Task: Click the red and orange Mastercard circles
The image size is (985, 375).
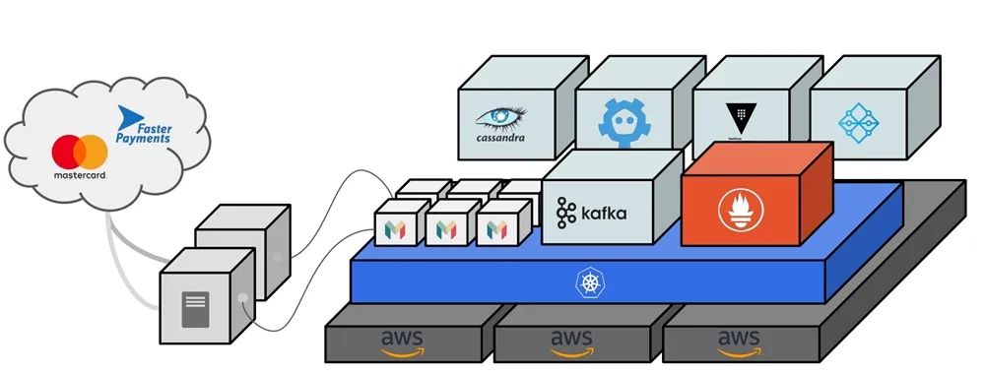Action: pyautogui.click(x=80, y=153)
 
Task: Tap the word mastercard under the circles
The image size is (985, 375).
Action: pyautogui.click(x=80, y=175)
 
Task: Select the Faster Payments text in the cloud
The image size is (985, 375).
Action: pyautogui.click(x=149, y=134)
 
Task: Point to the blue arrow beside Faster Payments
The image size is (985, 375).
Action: pyautogui.click(x=127, y=119)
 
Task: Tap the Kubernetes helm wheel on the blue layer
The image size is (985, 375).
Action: pyautogui.click(x=589, y=284)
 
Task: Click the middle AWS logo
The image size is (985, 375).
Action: pyautogui.click(x=570, y=342)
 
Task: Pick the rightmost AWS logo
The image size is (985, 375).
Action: pyautogui.click(x=739, y=342)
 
